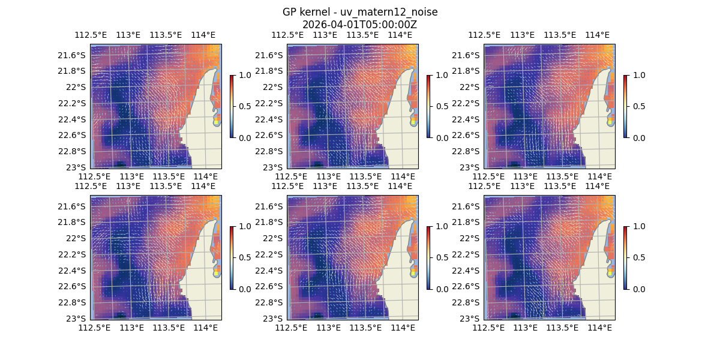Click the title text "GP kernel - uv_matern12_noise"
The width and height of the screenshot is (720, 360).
point(360,12)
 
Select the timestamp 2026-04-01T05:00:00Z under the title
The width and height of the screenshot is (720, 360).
point(360,25)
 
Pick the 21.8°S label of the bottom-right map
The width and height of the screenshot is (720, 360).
point(469,222)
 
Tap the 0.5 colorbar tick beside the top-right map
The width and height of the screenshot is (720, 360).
point(639,106)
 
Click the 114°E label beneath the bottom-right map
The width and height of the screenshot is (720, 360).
point(600,328)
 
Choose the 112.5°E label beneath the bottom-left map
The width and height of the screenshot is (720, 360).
point(95,328)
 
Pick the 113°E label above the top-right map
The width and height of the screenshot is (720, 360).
point(522,35)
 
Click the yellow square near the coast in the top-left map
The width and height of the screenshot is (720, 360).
point(217,121)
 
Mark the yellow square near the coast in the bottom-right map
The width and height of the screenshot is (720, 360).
point(611,272)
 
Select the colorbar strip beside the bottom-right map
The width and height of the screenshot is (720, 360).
point(625,257)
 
